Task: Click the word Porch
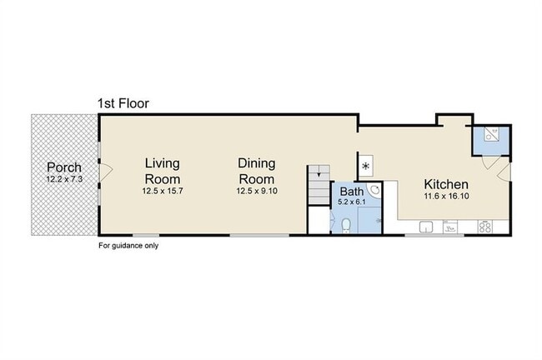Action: [x=64, y=167]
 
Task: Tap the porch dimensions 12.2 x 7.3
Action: [x=64, y=179]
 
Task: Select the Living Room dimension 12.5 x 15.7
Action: [x=163, y=191]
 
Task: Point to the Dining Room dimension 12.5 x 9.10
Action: [x=257, y=191]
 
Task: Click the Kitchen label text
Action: [x=446, y=184]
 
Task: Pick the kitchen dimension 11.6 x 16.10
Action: [x=447, y=196]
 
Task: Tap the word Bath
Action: [x=352, y=192]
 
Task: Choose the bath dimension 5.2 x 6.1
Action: [x=352, y=202]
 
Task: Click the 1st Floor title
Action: [x=123, y=103]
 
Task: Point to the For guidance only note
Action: [x=128, y=246]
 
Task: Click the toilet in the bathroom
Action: [x=346, y=226]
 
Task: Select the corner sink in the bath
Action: [x=375, y=189]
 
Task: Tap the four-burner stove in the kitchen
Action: [x=485, y=227]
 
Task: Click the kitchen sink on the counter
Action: [x=426, y=227]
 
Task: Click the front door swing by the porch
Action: [x=106, y=172]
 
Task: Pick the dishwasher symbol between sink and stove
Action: [x=450, y=227]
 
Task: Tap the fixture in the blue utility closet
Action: [x=491, y=134]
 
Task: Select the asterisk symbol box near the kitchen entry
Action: [x=366, y=166]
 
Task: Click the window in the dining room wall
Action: [x=259, y=236]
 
